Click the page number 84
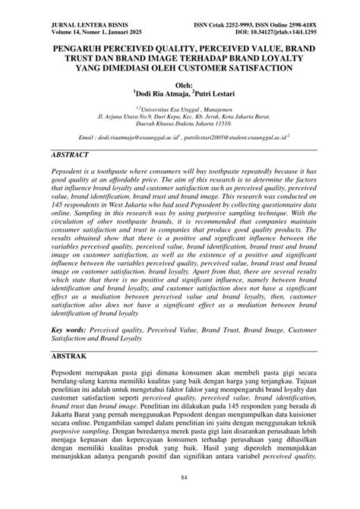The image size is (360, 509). (x=180, y=498)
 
